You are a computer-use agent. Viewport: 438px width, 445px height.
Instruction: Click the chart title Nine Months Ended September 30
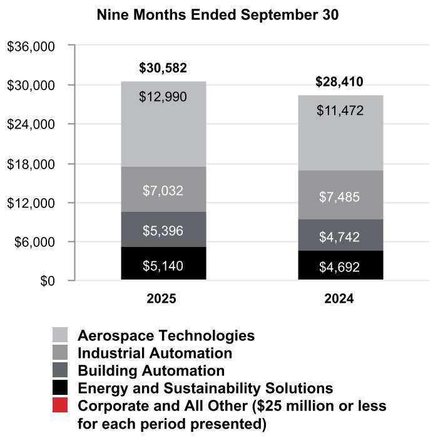pos(218,16)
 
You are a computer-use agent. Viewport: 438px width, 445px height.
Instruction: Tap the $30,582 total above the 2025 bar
pos(163,68)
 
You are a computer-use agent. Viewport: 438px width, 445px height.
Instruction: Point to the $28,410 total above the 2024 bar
pos(340,82)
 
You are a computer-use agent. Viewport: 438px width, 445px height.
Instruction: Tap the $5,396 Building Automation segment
pos(163,231)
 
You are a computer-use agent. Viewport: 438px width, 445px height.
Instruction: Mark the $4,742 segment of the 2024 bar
pos(340,236)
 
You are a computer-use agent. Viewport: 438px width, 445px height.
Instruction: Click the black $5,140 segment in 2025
pos(163,265)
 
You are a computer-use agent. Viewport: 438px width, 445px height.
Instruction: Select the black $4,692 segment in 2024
pos(340,267)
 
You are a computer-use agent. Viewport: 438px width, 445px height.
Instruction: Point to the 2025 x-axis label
pos(162,299)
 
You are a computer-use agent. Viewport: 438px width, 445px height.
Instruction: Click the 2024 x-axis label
pos(339,299)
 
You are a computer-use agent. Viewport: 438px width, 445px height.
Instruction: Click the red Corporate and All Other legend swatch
pos(61,406)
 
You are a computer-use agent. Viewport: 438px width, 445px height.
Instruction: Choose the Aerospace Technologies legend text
pos(166,335)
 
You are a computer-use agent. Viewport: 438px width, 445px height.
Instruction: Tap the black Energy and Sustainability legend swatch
pos(61,387)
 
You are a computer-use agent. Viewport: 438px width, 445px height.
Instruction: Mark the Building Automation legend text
pos(151,370)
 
